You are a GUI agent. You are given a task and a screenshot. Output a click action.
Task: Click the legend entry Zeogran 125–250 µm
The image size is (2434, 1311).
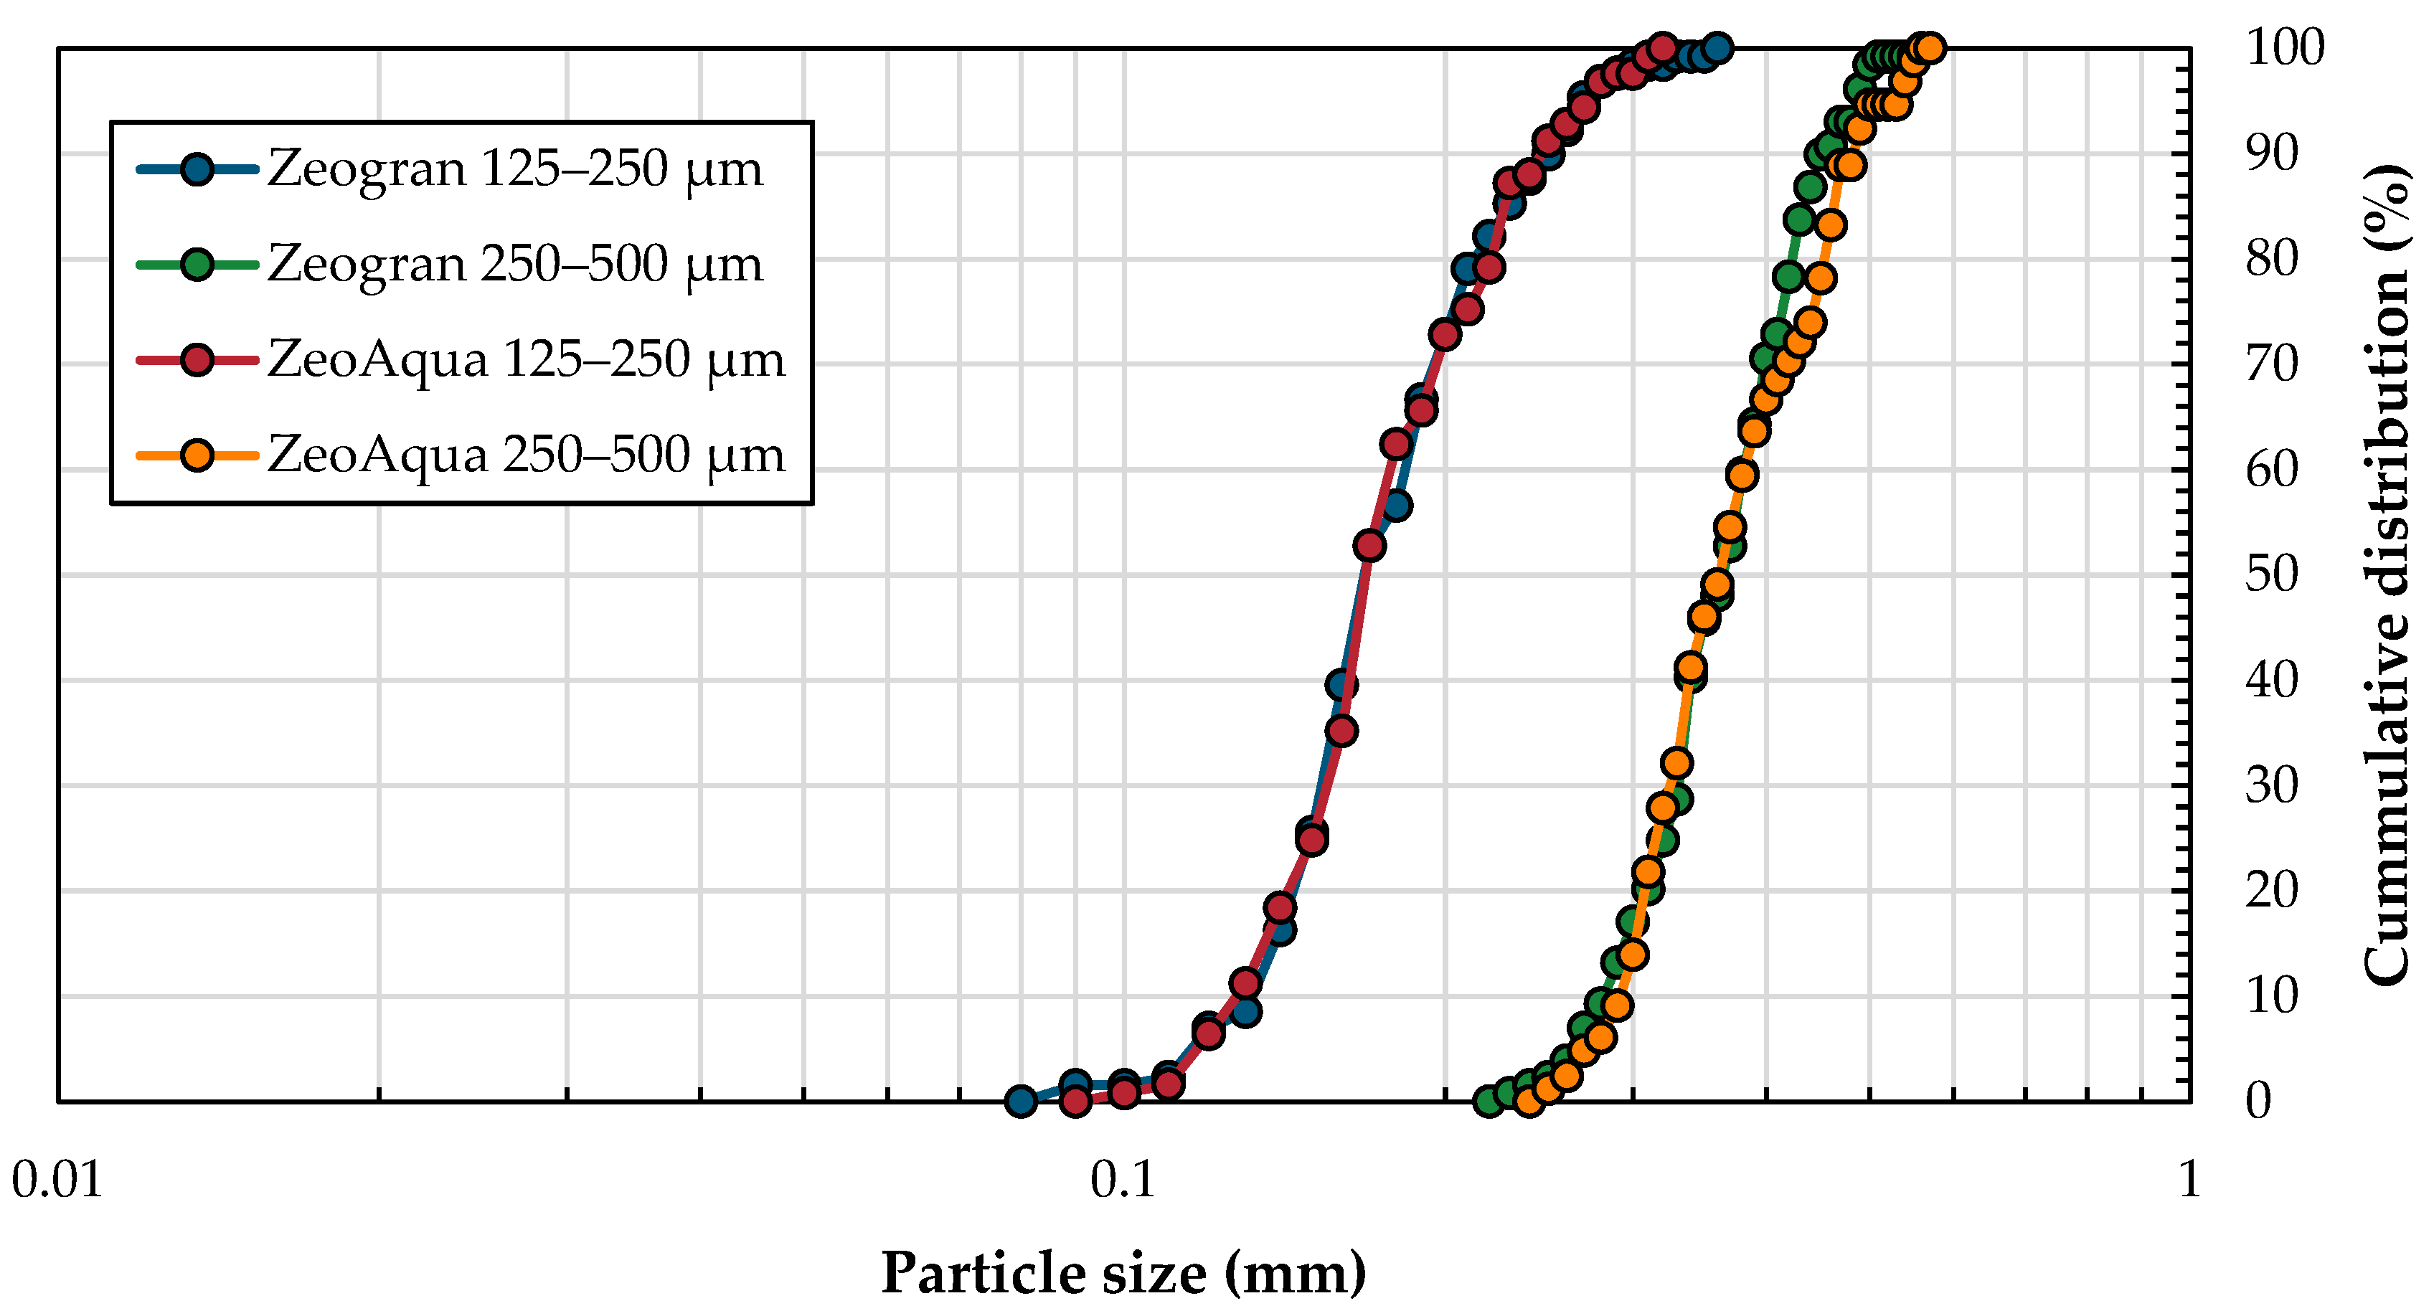[x=515, y=170]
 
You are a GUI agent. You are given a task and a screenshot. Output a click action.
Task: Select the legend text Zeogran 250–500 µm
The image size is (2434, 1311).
[x=515, y=265]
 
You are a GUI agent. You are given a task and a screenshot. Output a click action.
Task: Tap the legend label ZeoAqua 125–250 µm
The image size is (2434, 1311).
[x=527, y=361]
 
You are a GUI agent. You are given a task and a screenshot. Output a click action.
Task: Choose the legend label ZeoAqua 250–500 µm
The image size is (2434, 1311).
[x=527, y=456]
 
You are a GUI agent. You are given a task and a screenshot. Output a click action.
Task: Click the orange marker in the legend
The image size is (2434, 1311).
[x=197, y=456]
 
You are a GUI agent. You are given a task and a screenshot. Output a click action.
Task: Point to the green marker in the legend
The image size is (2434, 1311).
[x=197, y=265]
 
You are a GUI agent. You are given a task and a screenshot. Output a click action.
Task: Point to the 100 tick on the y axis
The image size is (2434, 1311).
[x=2285, y=47]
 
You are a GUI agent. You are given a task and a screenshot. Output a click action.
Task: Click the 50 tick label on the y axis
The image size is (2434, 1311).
[x=2271, y=574]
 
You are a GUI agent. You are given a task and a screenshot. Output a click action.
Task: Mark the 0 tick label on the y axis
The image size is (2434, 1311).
[x=2258, y=1100]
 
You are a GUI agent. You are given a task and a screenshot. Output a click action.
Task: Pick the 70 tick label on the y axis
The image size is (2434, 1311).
[x=2271, y=364]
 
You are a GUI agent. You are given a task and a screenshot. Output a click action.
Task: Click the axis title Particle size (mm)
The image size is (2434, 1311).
[x=1123, y=1273]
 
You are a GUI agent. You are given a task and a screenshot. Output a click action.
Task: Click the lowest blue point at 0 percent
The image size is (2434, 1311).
[x=1021, y=1100]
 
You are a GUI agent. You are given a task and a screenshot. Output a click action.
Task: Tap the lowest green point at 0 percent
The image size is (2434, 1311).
[x=1489, y=1100]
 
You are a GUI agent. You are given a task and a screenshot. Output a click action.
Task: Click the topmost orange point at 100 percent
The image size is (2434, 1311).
[x=1930, y=48]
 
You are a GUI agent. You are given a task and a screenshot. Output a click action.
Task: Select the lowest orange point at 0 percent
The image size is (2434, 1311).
[x=1529, y=1100]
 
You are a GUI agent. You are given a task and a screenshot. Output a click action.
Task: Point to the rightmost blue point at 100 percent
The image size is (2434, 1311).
[x=1718, y=48]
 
